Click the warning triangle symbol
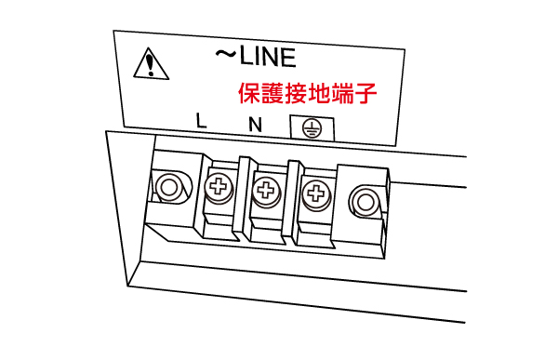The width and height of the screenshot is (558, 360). point(152,64)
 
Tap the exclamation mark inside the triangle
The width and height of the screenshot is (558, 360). point(151,63)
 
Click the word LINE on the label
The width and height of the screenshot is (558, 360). point(268,57)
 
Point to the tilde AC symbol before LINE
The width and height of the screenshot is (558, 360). point(226,53)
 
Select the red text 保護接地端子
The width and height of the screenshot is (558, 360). point(308,93)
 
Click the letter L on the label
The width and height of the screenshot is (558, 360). point(201,120)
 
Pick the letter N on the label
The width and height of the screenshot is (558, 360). point(255,125)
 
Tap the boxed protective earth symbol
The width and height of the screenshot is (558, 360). point(312,128)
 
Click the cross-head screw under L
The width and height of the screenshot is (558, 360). point(219,187)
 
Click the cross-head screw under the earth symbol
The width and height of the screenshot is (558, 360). point(316,193)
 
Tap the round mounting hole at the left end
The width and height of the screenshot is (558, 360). point(169,187)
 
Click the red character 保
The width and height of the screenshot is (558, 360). point(248,93)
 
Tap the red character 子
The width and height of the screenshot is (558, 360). point(365,94)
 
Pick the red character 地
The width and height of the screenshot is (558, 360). point(319,93)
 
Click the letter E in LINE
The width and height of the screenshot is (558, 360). point(288,58)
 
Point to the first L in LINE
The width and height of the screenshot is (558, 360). point(246,56)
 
